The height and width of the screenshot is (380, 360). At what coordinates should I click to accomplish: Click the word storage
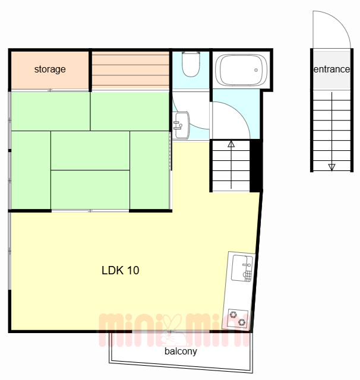[x=50, y=69]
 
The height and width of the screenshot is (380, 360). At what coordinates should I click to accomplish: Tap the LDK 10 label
[x=121, y=270]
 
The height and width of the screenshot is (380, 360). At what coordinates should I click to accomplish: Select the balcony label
[x=181, y=351]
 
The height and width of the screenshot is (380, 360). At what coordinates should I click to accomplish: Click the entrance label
[x=331, y=69]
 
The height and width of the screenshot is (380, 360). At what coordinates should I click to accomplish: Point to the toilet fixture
[x=191, y=64]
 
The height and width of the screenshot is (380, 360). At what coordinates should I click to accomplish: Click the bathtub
[x=241, y=70]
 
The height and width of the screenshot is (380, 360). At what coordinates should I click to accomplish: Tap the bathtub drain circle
[x=256, y=70]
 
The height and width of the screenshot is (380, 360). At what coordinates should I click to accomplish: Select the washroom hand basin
[x=182, y=125]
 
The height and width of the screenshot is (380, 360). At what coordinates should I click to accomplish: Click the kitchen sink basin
[x=242, y=268]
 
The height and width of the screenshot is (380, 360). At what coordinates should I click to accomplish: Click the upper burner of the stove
[x=233, y=315]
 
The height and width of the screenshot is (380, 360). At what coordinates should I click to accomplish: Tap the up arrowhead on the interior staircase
[x=231, y=144]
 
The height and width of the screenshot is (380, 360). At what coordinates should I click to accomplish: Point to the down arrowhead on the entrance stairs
[x=331, y=167]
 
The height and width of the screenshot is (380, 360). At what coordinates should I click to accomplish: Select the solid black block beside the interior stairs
[x=256, y=166]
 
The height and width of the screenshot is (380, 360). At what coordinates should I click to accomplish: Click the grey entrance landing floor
[x=331, y=70]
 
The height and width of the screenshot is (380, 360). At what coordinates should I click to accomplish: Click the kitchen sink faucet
[x=247, y=265]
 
